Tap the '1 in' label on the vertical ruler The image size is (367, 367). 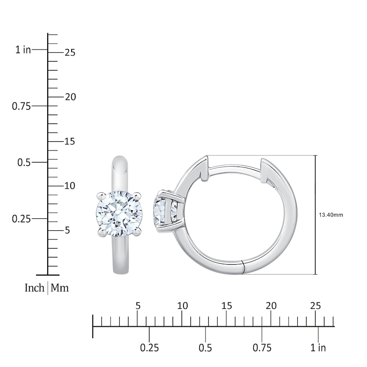tap(23, 50)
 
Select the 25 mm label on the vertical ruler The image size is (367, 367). tap(70, 53)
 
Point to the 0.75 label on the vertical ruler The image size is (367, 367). tap(21, 106)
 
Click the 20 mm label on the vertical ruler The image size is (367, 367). tap(70, 97)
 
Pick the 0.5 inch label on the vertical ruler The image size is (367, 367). tap(23, 162)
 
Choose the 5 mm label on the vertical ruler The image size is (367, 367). tap(67, 230)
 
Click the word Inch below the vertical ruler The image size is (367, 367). tap(34, 288)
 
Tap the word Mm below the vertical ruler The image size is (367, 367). tap(60, 288)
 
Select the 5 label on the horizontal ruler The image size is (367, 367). tap(138, 306)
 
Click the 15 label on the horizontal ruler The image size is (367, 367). tap(227, 306)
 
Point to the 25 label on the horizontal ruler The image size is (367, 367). tap(316, 306)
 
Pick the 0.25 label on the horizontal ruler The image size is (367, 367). tap(149, 348)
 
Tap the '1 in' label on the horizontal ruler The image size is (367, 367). tap(318, 348)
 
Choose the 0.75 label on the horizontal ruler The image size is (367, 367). tap(262, 348)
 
